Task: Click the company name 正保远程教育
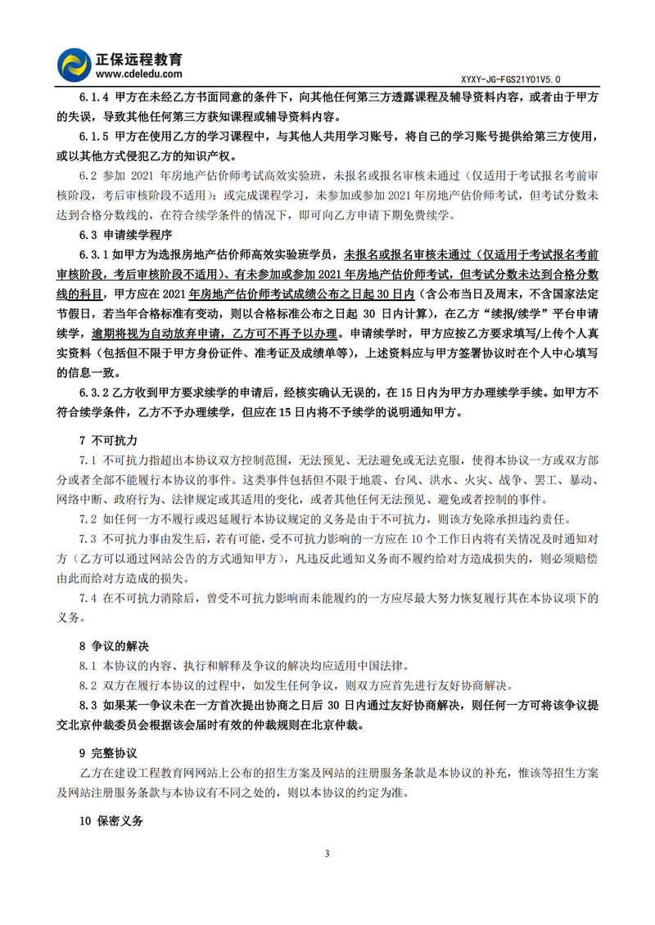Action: click(x=141, y=59)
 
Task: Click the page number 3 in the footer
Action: click(x=327, y=854)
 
